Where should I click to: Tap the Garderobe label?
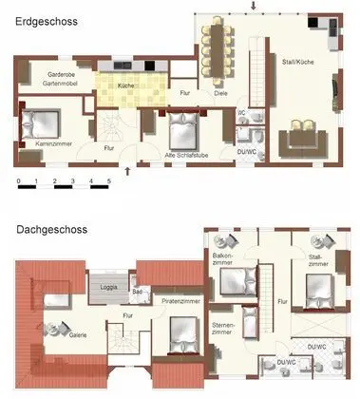click(x=47, y=74)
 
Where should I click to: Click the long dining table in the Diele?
click(x=219, y=51)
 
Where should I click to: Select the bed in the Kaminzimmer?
click(x=42, y=123)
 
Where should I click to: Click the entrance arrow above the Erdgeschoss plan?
click(x=253, y=7)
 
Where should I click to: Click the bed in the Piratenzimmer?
click(x=180, y=332)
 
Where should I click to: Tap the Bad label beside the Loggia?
click(x=138, y=293)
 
